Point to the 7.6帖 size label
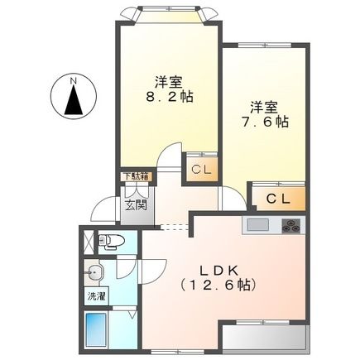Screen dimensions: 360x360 pos(265,121)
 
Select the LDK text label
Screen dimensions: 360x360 pos(218,270)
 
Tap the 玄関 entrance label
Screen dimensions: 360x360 pos(135,204)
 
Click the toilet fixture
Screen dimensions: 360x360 pos(110,242)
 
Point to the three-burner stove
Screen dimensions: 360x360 pos(290,224)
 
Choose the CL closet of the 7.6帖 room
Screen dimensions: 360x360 pos(278,199)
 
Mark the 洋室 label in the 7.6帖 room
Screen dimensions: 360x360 pos(265,107)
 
